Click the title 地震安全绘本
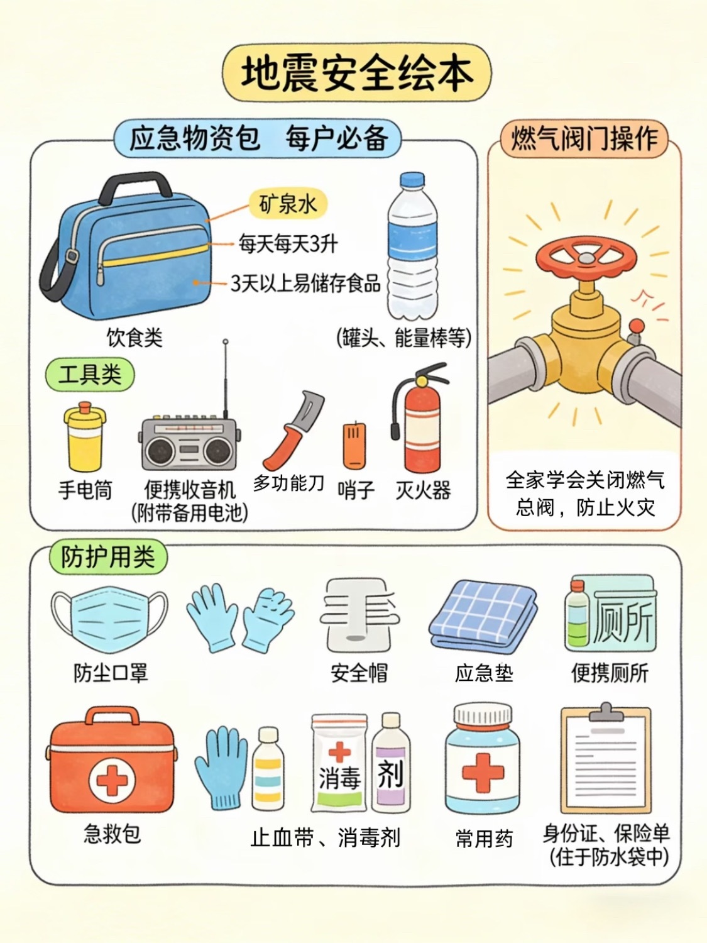click(x=357, y=73)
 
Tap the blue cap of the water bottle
click(x=412, y=180)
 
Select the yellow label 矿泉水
click(x=288, y=204)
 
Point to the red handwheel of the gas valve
click(x=586, y=257)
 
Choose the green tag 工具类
click(x=90, y=374)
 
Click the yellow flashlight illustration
click(x=85, y=436)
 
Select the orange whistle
click(x=354, y=446)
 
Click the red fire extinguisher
click(x=419, y=419)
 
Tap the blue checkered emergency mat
click(x=483, y=614)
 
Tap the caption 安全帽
click(x=359, y=673)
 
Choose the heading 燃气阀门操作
click(x=584, y=138)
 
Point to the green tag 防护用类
click(x=107, y=557)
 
